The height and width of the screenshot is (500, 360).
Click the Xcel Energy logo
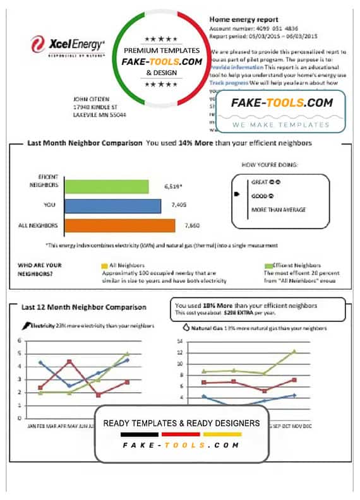pyautogui.click(x=68, y=45)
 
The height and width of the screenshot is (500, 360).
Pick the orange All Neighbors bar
pyautogui.click(x=120, y=225)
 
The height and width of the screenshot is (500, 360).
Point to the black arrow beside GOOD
pyautogui.click(x=237, y=195)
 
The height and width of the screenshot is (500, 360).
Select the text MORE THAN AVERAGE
pyautogui.click(x=279, y=210)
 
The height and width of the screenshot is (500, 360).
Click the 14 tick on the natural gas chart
pyautogui.click(x=179, y=341)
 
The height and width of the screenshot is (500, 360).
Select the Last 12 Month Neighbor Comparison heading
pyautogui.click(x=83, y=307)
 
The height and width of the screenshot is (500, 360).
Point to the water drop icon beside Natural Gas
pyautogui.click(x=186, y=328)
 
